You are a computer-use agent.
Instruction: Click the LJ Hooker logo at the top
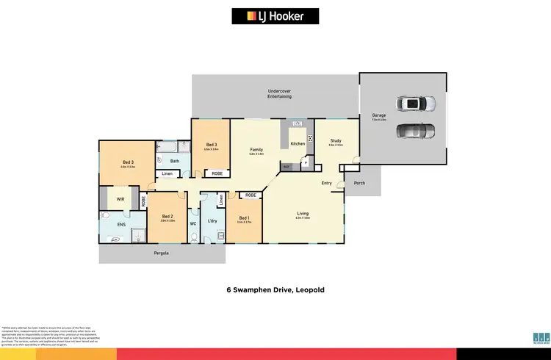pyautogui.click(x=275, y=15)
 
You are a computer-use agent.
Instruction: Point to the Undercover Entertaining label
pyautogui.click(x=275, y=93)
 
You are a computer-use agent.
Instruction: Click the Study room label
pyautogui.click(x=336, y=140)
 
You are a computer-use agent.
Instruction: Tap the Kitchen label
pyautogui.click(x=298, y=143)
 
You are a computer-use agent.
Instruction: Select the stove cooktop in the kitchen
pyautogui.click(x=311, y=139)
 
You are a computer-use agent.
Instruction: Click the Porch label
pyautogui.click(x=359, y=183)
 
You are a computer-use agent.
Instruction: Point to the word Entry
pyautogui.click(x=327, y=183)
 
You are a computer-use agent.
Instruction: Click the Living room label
pyautogui.click(x=302, y=214)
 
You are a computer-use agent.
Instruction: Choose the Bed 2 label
pyautogui.click(x=168, y=216)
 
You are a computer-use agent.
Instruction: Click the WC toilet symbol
pyautogui.click(x=192, y=236)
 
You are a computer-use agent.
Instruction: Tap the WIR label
pyautogui.click(x=120, y=198)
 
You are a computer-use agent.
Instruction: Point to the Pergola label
pyautogui.click(x=162, y=253)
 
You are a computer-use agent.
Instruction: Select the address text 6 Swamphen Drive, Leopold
pyautogui.click(x=275, y=290)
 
